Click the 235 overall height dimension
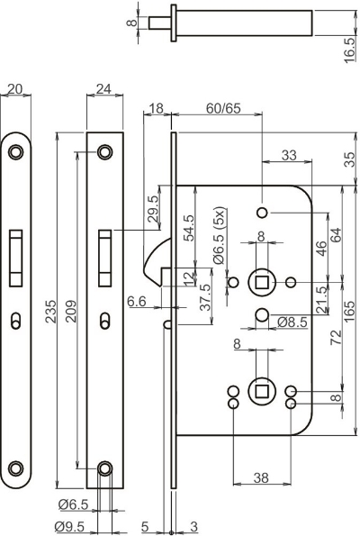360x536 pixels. [x=51, y=312]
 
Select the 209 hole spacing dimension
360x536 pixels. [x=71, y=312]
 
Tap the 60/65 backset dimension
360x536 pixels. [x=223, y=108]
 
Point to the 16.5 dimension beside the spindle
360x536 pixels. [x=349, y=50]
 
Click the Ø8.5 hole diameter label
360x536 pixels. [x=292, y=322]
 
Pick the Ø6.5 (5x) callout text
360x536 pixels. [x=218, y=235]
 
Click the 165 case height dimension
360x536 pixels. [x=349, y=312]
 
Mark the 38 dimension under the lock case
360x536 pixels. [x=261, y=477]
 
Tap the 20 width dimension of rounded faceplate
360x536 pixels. [x=14, y=89]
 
